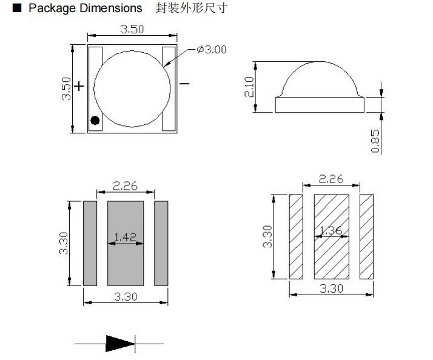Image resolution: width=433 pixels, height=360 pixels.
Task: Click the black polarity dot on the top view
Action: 95,119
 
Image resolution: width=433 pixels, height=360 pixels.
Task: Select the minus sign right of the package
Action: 184,84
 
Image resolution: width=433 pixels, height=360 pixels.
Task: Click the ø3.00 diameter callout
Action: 212,50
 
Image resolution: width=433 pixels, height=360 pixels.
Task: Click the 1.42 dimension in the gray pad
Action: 126,237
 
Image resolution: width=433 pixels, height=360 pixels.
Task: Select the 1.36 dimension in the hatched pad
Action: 331,231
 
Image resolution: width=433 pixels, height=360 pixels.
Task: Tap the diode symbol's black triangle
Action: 119,344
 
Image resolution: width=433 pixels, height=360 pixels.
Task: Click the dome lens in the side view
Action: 320,81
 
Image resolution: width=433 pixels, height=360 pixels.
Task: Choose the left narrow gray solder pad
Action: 90,244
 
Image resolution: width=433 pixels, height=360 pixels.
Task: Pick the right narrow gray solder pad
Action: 161,244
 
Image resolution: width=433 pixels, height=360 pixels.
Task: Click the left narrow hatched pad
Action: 296,236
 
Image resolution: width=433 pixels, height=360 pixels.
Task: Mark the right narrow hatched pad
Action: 366,236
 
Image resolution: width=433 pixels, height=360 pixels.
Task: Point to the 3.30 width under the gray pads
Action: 125,296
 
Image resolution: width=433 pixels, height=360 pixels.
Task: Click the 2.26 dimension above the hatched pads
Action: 331,179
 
